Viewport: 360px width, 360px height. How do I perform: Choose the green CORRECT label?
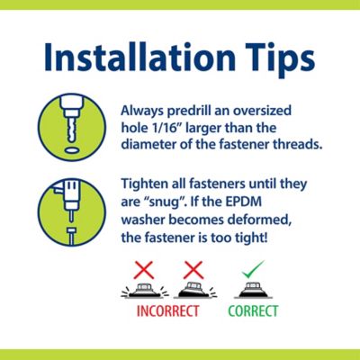253,313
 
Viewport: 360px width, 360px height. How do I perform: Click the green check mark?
253,268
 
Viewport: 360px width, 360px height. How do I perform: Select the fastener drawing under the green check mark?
253,291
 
